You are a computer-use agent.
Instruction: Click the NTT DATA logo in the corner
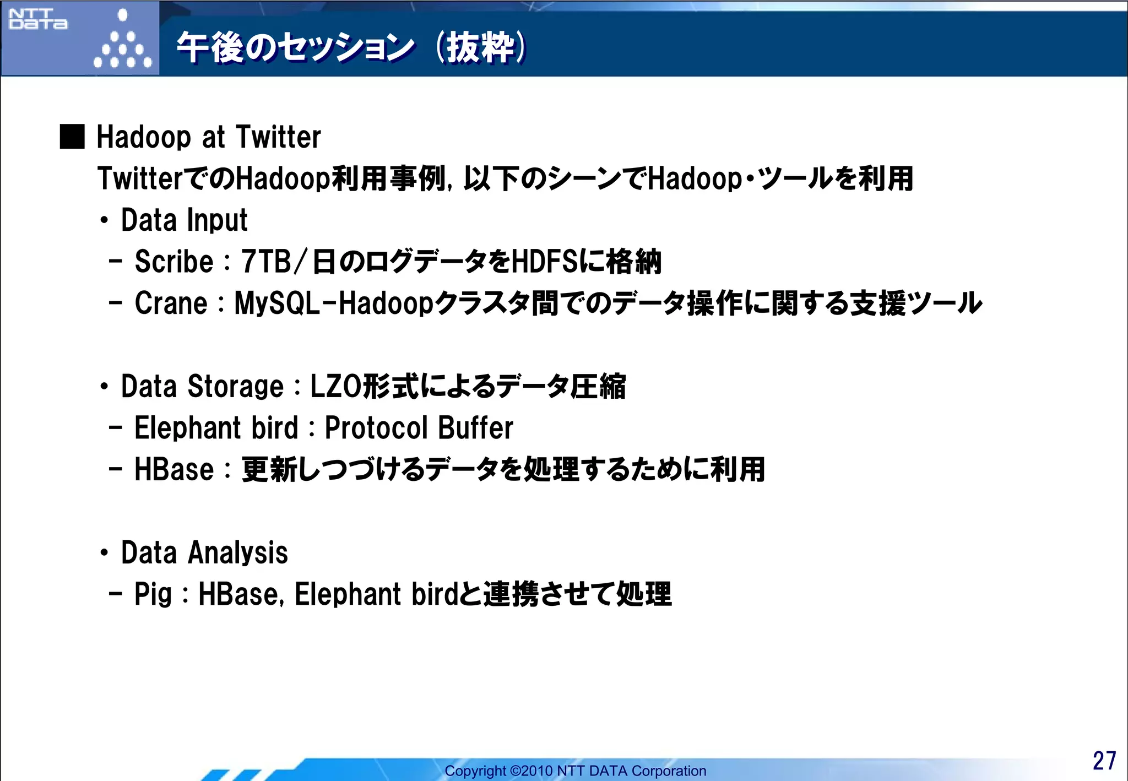coord(38,19)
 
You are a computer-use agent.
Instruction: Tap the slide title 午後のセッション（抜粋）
coord(351,47)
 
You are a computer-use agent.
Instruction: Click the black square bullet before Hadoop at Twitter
coord(72,137)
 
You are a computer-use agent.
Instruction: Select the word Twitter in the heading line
coord(278,137)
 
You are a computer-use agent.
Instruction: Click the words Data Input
coord(184,220)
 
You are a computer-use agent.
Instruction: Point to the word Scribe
coord(173,262)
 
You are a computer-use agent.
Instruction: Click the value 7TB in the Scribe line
coord(266,262)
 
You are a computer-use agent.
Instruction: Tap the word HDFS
coord(545,262)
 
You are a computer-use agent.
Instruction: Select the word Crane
coord(171,303)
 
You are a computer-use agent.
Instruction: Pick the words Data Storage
coord(202,387)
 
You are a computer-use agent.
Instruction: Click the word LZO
coord(335,387)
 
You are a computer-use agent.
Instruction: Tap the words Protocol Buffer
coord(419,428)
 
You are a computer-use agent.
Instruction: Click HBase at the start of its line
coord(174,470)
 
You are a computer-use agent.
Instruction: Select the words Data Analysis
coord(204,553)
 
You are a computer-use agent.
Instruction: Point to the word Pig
coord(153,594)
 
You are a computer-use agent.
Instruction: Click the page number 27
coord(1104,761)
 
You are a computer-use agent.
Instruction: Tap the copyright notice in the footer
coord(575,771)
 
